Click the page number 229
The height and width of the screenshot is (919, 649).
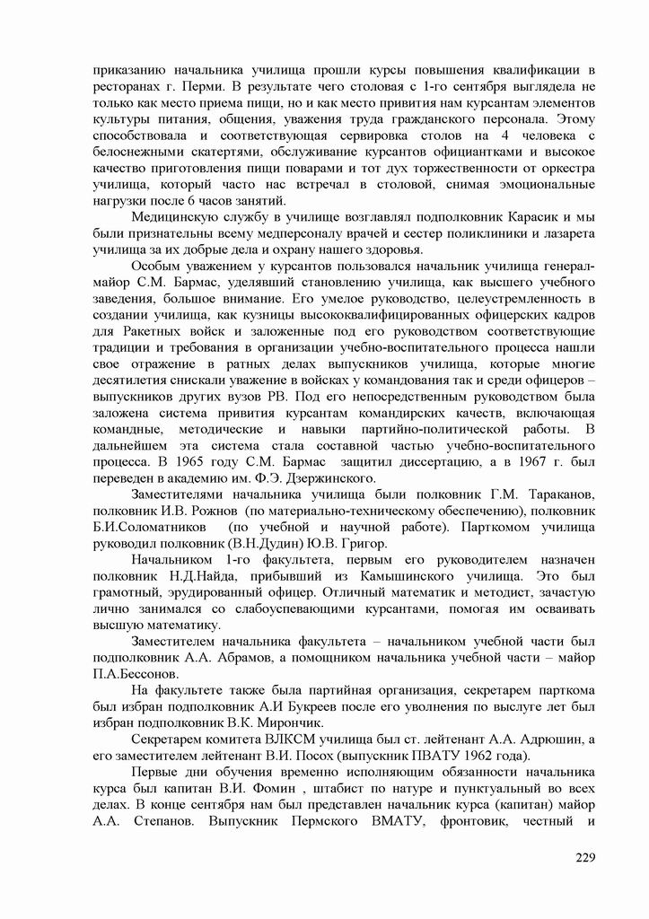585,858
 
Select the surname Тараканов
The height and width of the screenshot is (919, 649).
551,495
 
